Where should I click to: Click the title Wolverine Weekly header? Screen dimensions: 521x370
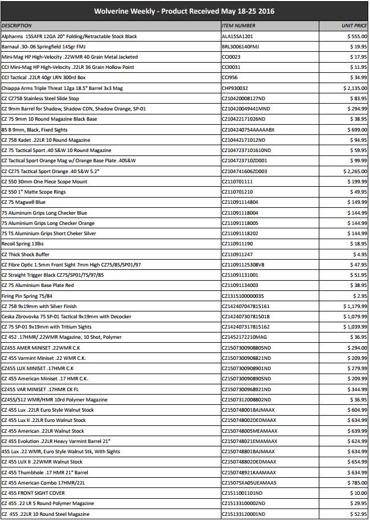(185, 11)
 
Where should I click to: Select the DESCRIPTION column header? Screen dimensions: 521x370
(17, 26)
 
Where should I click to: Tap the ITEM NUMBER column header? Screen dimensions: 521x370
(238, 26)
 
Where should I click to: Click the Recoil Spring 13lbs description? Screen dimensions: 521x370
(23, 243)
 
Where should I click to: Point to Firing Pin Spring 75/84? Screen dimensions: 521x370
(27, 295)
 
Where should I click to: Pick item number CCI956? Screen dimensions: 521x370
(230, 77)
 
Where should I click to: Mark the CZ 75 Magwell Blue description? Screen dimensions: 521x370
(23, 202)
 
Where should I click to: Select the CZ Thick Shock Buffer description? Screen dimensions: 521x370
(25, 253)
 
